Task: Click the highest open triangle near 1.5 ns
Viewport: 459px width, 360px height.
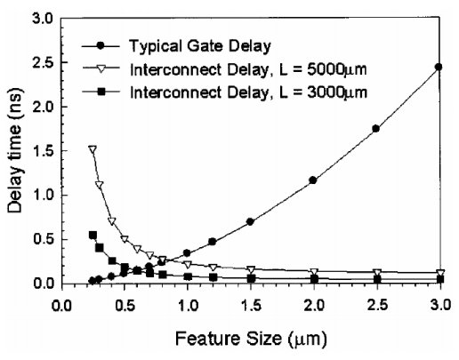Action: (x=93, y=150)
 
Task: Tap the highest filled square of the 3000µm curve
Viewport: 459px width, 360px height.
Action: (x=93, y=235)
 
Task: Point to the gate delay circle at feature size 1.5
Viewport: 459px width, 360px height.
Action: (x=250, y=221)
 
